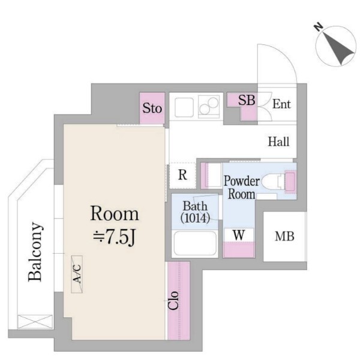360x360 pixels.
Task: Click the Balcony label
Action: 35,252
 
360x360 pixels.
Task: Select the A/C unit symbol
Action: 77,274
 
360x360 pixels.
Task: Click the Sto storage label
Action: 152,108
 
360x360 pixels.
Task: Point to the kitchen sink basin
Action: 184,107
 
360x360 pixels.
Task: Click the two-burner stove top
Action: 208,106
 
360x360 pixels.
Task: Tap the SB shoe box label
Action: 247,100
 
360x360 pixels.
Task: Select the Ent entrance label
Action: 281,104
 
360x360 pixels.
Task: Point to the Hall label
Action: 279,142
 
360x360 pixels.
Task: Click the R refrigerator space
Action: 182,175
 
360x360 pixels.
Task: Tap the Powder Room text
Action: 242,187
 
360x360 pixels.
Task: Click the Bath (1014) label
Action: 195,212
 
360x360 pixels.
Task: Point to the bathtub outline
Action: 195,244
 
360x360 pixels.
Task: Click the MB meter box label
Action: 284,236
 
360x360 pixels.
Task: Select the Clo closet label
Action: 173,301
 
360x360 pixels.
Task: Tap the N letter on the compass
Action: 318,28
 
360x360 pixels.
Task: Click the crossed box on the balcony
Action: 35,322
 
